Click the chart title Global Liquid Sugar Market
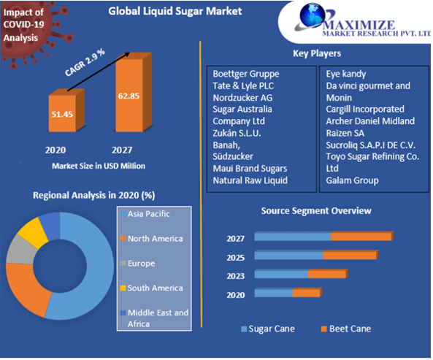(175, 12)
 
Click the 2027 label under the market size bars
(122, 150)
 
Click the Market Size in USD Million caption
(98, 166)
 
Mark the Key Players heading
(317, 53)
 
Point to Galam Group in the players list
(353, 180)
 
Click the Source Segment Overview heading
(316, 210)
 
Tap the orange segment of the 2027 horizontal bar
(361, 237)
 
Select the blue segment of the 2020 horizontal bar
(274, 292)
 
